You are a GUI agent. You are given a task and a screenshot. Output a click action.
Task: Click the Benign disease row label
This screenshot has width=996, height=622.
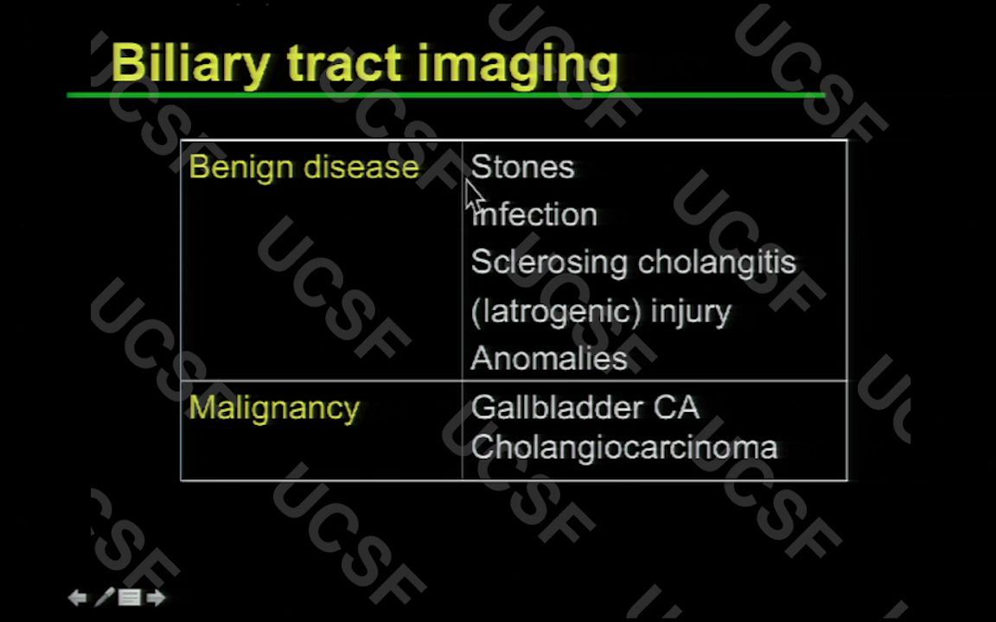tap(303, 167)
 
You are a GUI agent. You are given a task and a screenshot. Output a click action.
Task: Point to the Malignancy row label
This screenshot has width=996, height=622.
tap(273, 408)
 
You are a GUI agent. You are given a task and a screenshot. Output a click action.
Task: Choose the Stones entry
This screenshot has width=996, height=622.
tap(522, 167)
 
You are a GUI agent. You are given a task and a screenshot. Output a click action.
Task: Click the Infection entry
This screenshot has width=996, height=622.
tap(534, 214)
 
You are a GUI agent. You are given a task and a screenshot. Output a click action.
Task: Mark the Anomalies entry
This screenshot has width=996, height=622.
tap(549, 359)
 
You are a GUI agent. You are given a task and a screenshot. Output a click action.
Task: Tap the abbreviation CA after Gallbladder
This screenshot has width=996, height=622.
tap(676, 408)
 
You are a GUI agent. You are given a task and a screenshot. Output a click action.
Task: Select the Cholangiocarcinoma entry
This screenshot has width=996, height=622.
tap(623, 447)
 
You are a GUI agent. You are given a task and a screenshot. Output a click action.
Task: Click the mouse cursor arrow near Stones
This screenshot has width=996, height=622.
tap(474, 195)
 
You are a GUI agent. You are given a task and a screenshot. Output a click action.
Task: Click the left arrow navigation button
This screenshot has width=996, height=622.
tap(78, 597)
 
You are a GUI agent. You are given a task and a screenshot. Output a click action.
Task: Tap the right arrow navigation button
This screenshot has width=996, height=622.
tap(156, 597)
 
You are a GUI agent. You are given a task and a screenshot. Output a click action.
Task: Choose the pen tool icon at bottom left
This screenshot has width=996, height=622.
tap(104, 597)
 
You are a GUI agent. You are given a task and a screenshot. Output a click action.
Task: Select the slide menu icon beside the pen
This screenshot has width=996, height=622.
tap(130, 597)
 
